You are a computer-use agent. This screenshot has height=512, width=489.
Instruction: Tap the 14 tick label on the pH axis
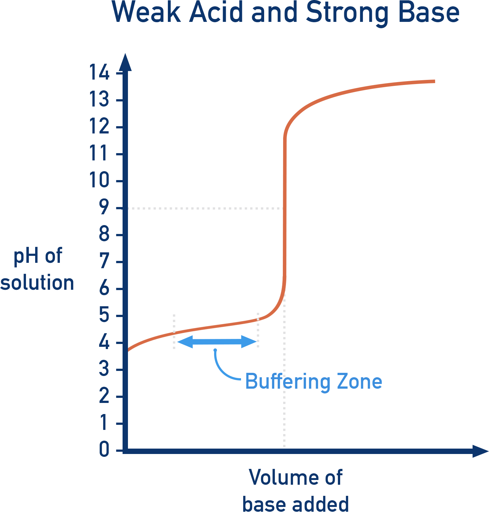(x=99, y=73)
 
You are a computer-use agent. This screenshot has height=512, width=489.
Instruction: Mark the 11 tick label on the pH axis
(x=99, y=154)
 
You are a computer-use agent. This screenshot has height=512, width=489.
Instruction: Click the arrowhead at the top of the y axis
(x=125, y=62)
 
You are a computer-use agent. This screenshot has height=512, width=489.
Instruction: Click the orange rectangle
(x=379, y=113)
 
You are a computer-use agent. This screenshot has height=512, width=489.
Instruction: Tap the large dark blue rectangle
(x=406, y=418)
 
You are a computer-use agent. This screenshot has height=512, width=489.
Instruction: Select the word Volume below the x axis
(x=284, y=477)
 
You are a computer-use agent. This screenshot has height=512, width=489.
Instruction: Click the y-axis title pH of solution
(x=37, y=269)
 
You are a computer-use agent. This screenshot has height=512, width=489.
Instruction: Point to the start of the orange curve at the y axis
(x=129, y=350)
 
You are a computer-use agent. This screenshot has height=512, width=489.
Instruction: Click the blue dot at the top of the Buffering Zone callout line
(x=215, y=350)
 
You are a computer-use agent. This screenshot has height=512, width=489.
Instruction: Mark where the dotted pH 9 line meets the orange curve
(x=283, y=208)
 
